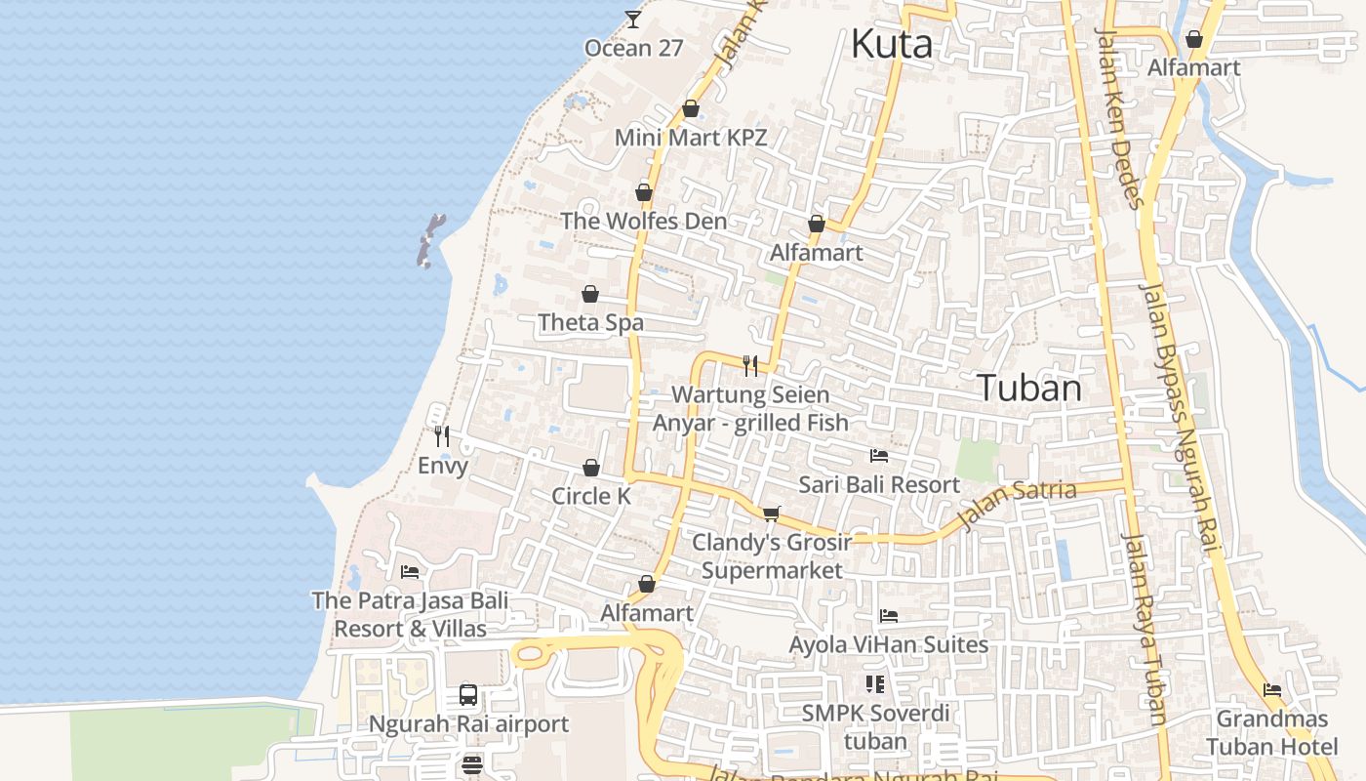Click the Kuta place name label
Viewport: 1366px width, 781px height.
pos(891,44)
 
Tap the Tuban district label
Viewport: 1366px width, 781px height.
pos(1029,388)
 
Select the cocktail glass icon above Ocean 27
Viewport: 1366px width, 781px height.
pos(633,19)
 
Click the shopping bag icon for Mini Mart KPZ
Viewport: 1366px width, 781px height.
pos(691,108)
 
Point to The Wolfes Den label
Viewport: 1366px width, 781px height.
pos(644,221)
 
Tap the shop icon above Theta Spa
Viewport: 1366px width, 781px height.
pos(590,294)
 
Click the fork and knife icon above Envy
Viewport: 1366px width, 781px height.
pos(442,435)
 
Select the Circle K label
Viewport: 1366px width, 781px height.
pos(591,496)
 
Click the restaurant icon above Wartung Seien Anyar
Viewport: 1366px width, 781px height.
pos(750,366)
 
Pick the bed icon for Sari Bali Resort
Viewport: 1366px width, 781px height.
pos(879,455)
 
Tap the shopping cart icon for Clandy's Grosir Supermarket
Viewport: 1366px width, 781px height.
pos(772,513)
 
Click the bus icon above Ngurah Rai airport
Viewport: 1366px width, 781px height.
pos(468,695)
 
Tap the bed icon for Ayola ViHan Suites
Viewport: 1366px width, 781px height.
pos(888,615)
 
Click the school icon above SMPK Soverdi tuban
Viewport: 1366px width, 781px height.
pos(874,683)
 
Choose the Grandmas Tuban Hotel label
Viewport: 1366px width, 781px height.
pos(1271,733)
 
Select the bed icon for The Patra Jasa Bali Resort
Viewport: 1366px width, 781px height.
pos(410,571)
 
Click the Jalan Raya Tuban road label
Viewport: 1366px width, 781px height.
pos(1144,630)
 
